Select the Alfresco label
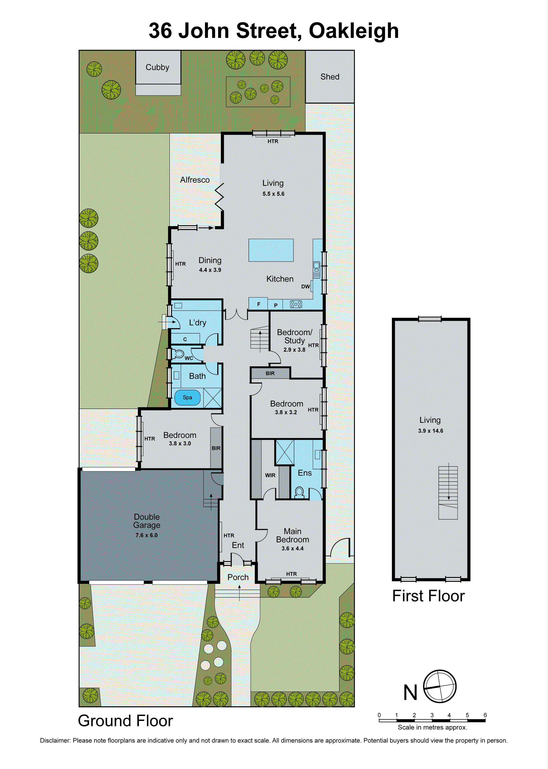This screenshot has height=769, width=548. (x=195, y=180)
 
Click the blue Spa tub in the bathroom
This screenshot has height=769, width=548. (x=187, y=398)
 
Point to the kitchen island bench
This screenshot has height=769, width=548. (x=271, y=250)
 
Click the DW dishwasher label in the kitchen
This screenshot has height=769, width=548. (x=305, y=287)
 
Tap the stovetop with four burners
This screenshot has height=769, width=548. (x=296, y=304)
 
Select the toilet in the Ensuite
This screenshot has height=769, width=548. (x=299, y=492)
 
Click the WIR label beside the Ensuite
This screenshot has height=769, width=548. (x=270, y=475)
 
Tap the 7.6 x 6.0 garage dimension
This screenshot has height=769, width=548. (x=146, y=535)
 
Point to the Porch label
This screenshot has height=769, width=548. (x=238, y=577)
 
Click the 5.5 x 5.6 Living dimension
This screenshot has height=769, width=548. (x=273, y=194)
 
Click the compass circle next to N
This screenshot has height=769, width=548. (x=440, y=686)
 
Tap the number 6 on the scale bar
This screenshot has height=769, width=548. (x=485, y=715)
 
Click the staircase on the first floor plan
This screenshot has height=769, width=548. (x=448, y=492)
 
